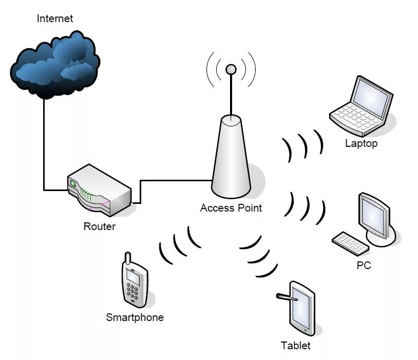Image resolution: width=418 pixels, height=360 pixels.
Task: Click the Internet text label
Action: (x=55, y=19)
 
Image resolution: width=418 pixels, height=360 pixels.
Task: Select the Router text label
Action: (x=99, y=226)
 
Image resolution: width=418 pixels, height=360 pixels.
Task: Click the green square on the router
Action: (x=73, y=183)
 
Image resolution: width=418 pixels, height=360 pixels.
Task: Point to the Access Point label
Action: (x=231, y=208)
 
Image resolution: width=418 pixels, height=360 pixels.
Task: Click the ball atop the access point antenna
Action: (x=231, y=68)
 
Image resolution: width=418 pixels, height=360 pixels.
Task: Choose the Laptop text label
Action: (x=361, y=143)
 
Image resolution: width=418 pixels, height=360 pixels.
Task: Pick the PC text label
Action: (x=364, y=266)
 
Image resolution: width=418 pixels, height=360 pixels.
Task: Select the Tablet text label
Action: (x=295, y=345)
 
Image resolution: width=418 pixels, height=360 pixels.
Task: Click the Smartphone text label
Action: (x=135, y=317)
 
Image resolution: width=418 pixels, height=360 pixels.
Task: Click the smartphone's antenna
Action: (x=128, y=258)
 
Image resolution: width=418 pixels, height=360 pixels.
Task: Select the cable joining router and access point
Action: (x=175, y=180)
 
